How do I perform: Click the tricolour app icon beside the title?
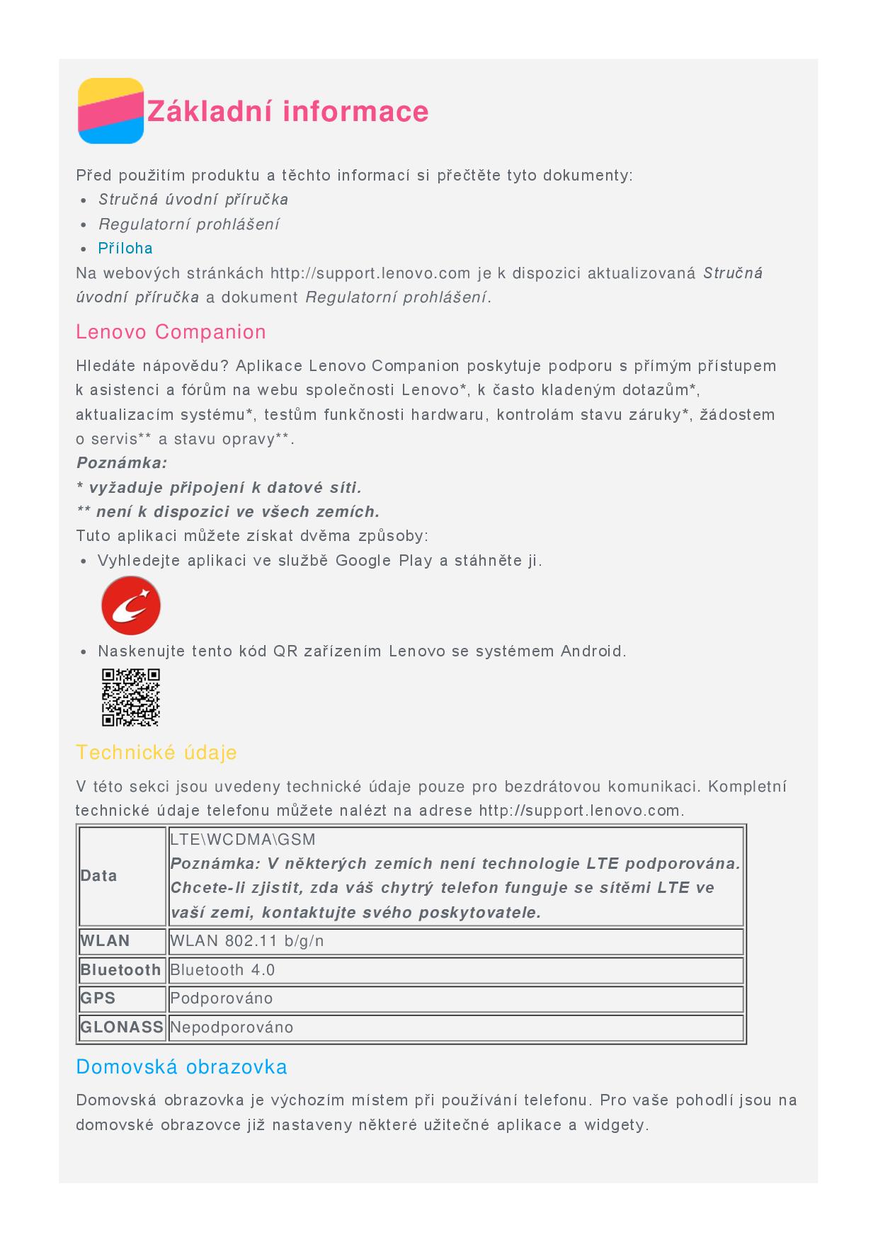tap(110, 111)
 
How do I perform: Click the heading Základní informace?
tap(287, 112)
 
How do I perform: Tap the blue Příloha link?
tap(125, 249)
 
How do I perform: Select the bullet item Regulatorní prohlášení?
tap(188, 224)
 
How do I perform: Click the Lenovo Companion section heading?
tap(171, 332)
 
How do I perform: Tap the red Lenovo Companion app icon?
tap(131, 605)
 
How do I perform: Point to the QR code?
tap(131, 697)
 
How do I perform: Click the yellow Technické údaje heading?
tap(156, 753)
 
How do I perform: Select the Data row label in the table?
tap(98, 876)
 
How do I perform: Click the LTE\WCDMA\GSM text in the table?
tap(243, 840)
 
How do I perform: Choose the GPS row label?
tap(98, 998)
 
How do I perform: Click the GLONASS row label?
tap(122, 1027)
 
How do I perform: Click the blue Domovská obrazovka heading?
tap(181, 1067)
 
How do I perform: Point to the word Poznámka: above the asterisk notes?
tap(122, 463)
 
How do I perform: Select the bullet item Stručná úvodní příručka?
tap(193, 200)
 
